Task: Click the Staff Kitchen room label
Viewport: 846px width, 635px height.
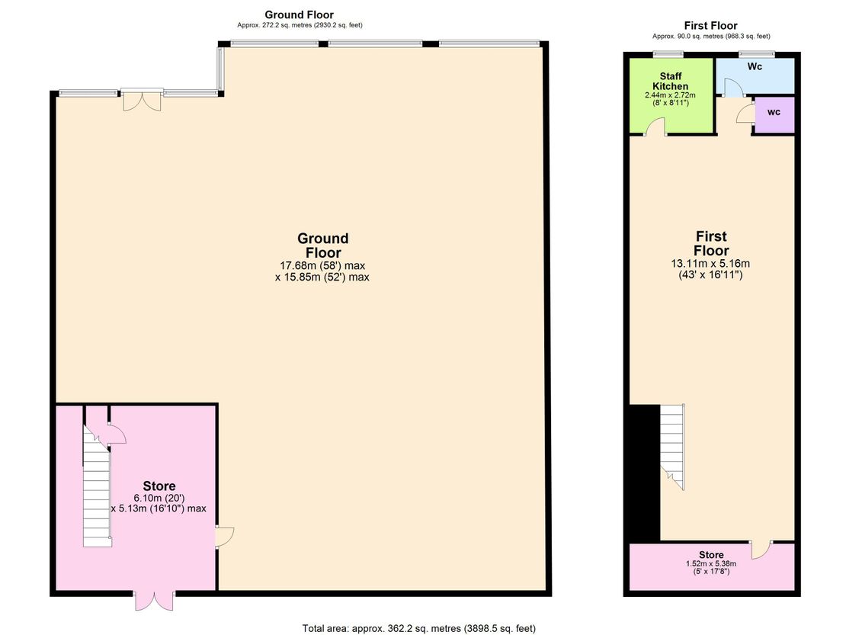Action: click(x=670, y=81)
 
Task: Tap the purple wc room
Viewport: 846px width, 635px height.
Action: click(x=774, y=114)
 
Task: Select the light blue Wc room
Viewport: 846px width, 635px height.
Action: click(x=755, y=76)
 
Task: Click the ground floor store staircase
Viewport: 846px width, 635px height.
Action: click(x=97, y=486)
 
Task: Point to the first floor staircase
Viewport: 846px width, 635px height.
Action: click(x=672, y=447)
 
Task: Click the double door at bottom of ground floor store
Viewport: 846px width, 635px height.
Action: click(x=154, y=601)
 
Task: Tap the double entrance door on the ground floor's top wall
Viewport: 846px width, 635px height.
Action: click(x=142, y=100)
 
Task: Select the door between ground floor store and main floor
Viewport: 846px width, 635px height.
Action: click(x=224, y=537)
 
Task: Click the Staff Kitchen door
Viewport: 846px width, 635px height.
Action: click(x=656, y=127)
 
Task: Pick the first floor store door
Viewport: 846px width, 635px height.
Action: click(x=761, y=549)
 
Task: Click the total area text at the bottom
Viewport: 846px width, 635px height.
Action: click(x=418, y=628)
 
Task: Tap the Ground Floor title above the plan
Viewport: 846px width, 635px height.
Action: click(x=299, y=14)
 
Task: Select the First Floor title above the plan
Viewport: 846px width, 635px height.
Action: click(x=710, y=25)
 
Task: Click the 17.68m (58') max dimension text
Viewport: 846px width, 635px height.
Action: click(x=322, y=265)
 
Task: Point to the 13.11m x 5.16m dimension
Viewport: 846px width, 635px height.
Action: click(x=710, y=264)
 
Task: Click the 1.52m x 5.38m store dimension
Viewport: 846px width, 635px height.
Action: click(x=711, y=564)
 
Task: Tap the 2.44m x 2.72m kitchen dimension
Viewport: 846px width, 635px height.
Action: click(x=670, y=95)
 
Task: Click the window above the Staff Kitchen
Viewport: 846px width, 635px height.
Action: click(x=668, y=54)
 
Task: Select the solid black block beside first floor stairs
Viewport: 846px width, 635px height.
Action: click(x=645, y=473)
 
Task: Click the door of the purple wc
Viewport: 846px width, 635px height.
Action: click(x=744, y=114)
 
